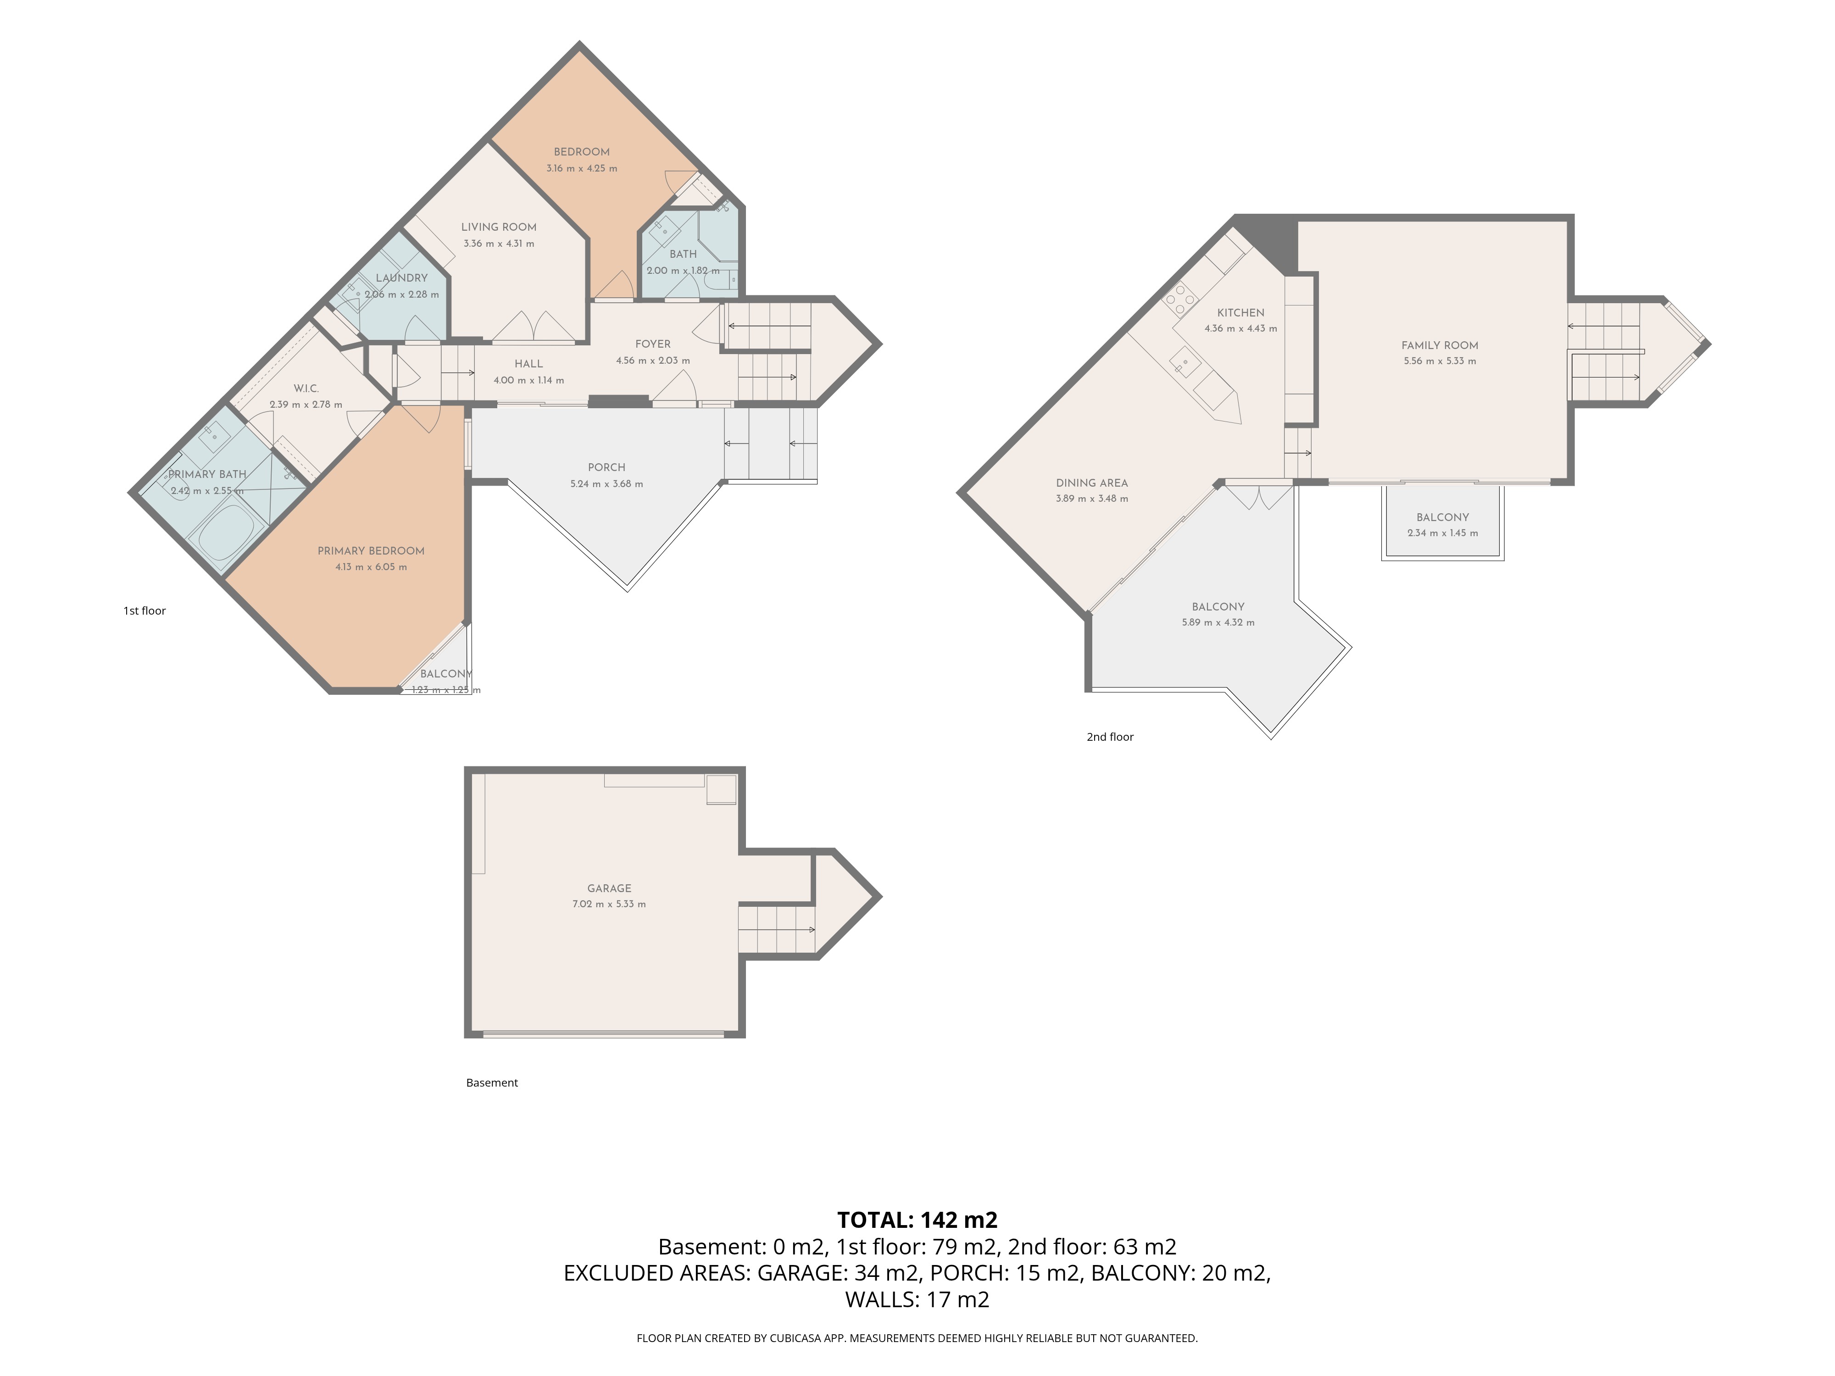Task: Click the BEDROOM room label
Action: pos(582,152)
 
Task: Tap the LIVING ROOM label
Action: pos(499,227)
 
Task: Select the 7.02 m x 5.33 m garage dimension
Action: pos(609,904)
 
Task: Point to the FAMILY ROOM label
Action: pos(1439,345)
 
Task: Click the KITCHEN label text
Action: pos(1240,313)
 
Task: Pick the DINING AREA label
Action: pos(1092,483)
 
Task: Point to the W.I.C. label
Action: pos(306,388)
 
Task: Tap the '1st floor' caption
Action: pos(145,610)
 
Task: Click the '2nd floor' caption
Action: pos(1110,737)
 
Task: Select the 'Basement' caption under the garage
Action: pos(492,1082)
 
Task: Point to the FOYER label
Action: pos(653,344)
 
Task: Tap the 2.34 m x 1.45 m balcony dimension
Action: pos(1443,533)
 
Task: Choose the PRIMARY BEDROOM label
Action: pos(371,551)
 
